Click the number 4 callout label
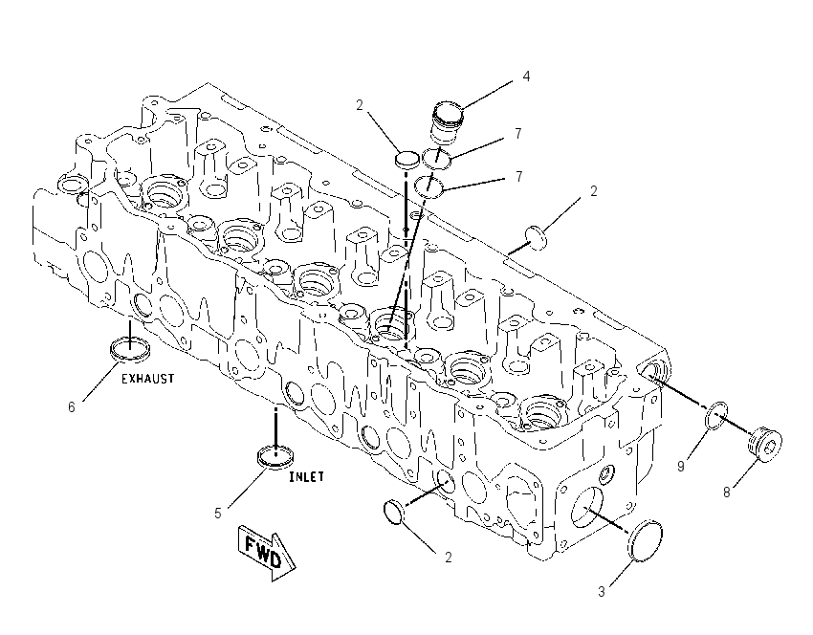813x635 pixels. point(526,77)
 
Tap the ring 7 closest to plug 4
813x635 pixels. point(436,158)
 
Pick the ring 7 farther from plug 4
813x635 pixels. point(429,186)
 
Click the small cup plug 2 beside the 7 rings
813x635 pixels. point(407,159)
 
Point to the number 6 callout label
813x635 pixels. point(72,407)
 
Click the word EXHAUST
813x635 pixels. point(147,379)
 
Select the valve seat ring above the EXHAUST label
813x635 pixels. point(131,348)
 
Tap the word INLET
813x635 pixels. point(306,477)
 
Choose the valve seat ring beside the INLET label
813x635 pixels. point(275,455)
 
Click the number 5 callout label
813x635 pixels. point(218,514)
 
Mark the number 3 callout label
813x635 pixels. point(602,592)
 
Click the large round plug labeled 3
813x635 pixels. point(645,540)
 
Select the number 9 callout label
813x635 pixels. point(681,467)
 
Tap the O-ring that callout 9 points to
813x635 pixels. point(716,415)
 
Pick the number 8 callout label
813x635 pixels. point(726,492)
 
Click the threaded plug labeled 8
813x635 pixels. point(765,444)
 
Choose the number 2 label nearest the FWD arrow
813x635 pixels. point(449,558)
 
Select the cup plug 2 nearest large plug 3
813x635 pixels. point(393,513)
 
